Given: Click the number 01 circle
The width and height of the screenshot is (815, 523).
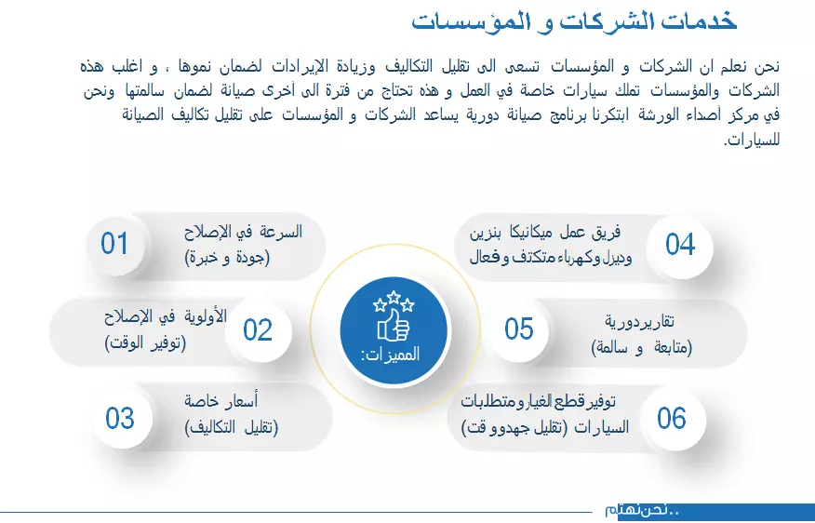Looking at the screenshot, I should pos(114,244).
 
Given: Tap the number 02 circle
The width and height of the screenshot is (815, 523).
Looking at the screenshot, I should pos(258,329).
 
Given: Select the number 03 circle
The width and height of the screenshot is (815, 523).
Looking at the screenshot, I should pos(120,418).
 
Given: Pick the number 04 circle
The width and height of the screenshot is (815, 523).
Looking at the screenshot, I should pos(680,244).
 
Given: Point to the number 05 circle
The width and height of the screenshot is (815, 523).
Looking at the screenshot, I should pos(519,329).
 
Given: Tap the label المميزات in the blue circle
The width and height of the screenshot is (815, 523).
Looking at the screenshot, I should pos(391,355).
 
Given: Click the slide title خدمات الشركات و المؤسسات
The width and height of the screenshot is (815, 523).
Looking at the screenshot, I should pos(574,21).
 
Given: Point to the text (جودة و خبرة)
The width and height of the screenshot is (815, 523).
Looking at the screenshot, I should pos(228,257).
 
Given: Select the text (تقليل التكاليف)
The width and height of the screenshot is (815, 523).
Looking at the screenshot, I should pos(232,427).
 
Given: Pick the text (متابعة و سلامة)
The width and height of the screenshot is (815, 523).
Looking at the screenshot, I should pos(642,347).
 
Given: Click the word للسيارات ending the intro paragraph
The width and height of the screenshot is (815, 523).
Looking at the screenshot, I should pos(757,141).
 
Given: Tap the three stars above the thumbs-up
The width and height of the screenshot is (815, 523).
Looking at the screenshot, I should pos(393,302).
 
